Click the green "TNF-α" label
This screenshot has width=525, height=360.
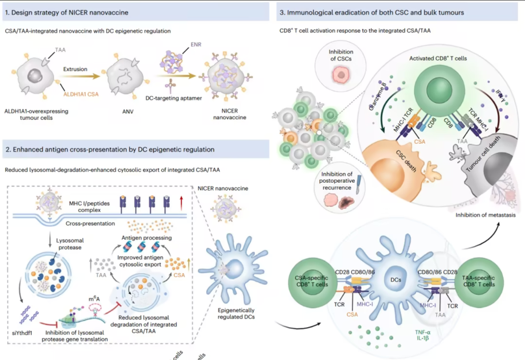[423, 332]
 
